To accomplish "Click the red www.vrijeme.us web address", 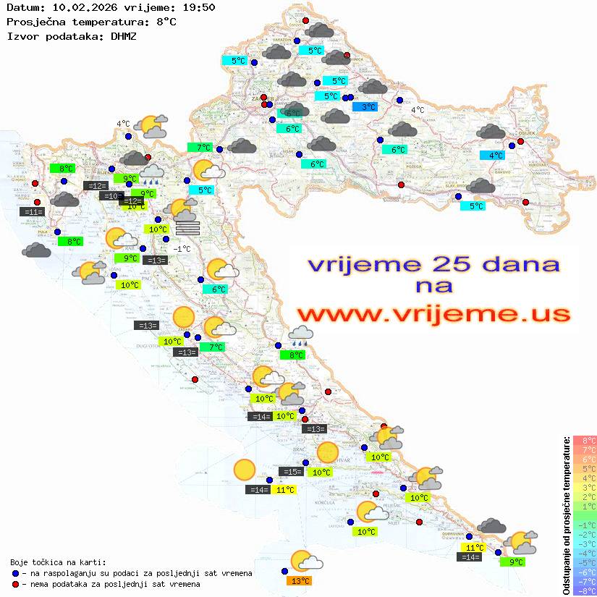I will (433, 313).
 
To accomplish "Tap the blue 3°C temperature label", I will (365, 107).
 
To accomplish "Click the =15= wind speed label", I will (292, 472).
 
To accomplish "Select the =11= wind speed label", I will (33, 212).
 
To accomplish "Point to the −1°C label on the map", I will (182, 249).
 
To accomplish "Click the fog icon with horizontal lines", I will (187, 228).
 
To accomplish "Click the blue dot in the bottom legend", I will (15, 573).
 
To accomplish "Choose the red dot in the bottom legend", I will (15, 584).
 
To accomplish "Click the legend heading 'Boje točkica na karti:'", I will (58, 562).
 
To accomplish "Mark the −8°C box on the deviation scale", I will (584, 590).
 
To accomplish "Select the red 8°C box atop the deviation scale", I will (584, 440).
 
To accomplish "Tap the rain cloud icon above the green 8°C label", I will (300, 334).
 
